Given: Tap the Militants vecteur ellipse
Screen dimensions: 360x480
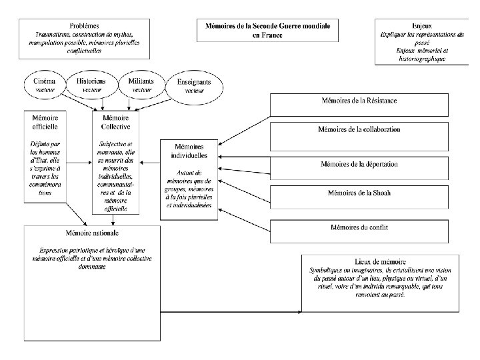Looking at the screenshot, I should pos(141,84).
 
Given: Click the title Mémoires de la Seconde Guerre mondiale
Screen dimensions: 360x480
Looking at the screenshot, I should pos(267,25).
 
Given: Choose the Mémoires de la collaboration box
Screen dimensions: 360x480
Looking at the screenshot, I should pos(368,129).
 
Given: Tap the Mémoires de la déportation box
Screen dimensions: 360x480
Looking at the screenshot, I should pos(368,163).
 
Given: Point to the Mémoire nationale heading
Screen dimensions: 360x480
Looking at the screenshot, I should pos(92,233).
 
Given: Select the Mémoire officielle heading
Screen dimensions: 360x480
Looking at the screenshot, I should pos(45,121).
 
